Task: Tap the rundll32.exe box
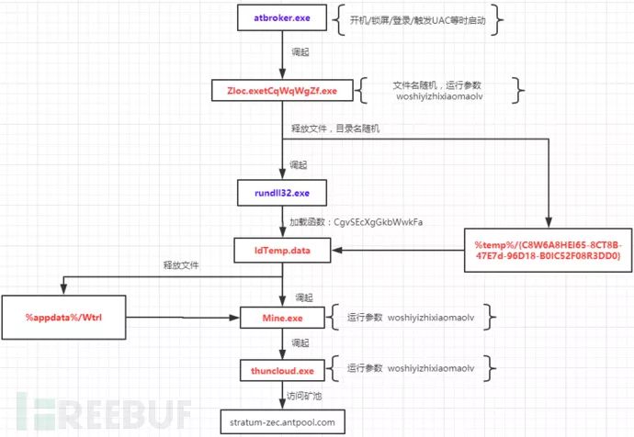(x=282, y=194)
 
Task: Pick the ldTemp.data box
(x=282, y=249)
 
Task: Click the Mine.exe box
(x=282, y=318)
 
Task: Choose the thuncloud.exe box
(x=282, y=369)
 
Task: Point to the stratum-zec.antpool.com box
(x=282, y=421)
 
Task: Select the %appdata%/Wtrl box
(x=62, y=318)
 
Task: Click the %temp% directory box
(x=547, y=251)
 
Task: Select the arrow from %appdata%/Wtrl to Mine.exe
(x=179, y=318)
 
